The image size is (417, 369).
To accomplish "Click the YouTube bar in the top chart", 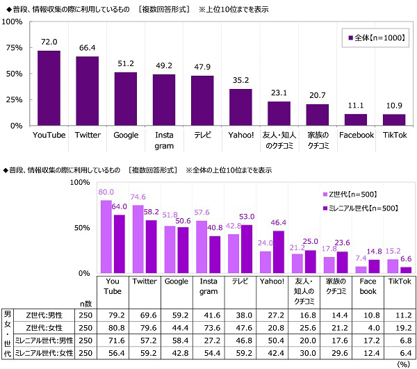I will [x=49, y=88].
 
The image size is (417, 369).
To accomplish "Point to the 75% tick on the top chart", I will [x=14, y=47].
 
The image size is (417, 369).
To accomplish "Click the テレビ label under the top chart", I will [x=202, y=135].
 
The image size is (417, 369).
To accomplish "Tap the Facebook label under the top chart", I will [x=357, y=135].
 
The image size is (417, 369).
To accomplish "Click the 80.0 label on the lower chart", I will [x=106, y=192].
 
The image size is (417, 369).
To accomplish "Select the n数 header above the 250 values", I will [x=85, y=303].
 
